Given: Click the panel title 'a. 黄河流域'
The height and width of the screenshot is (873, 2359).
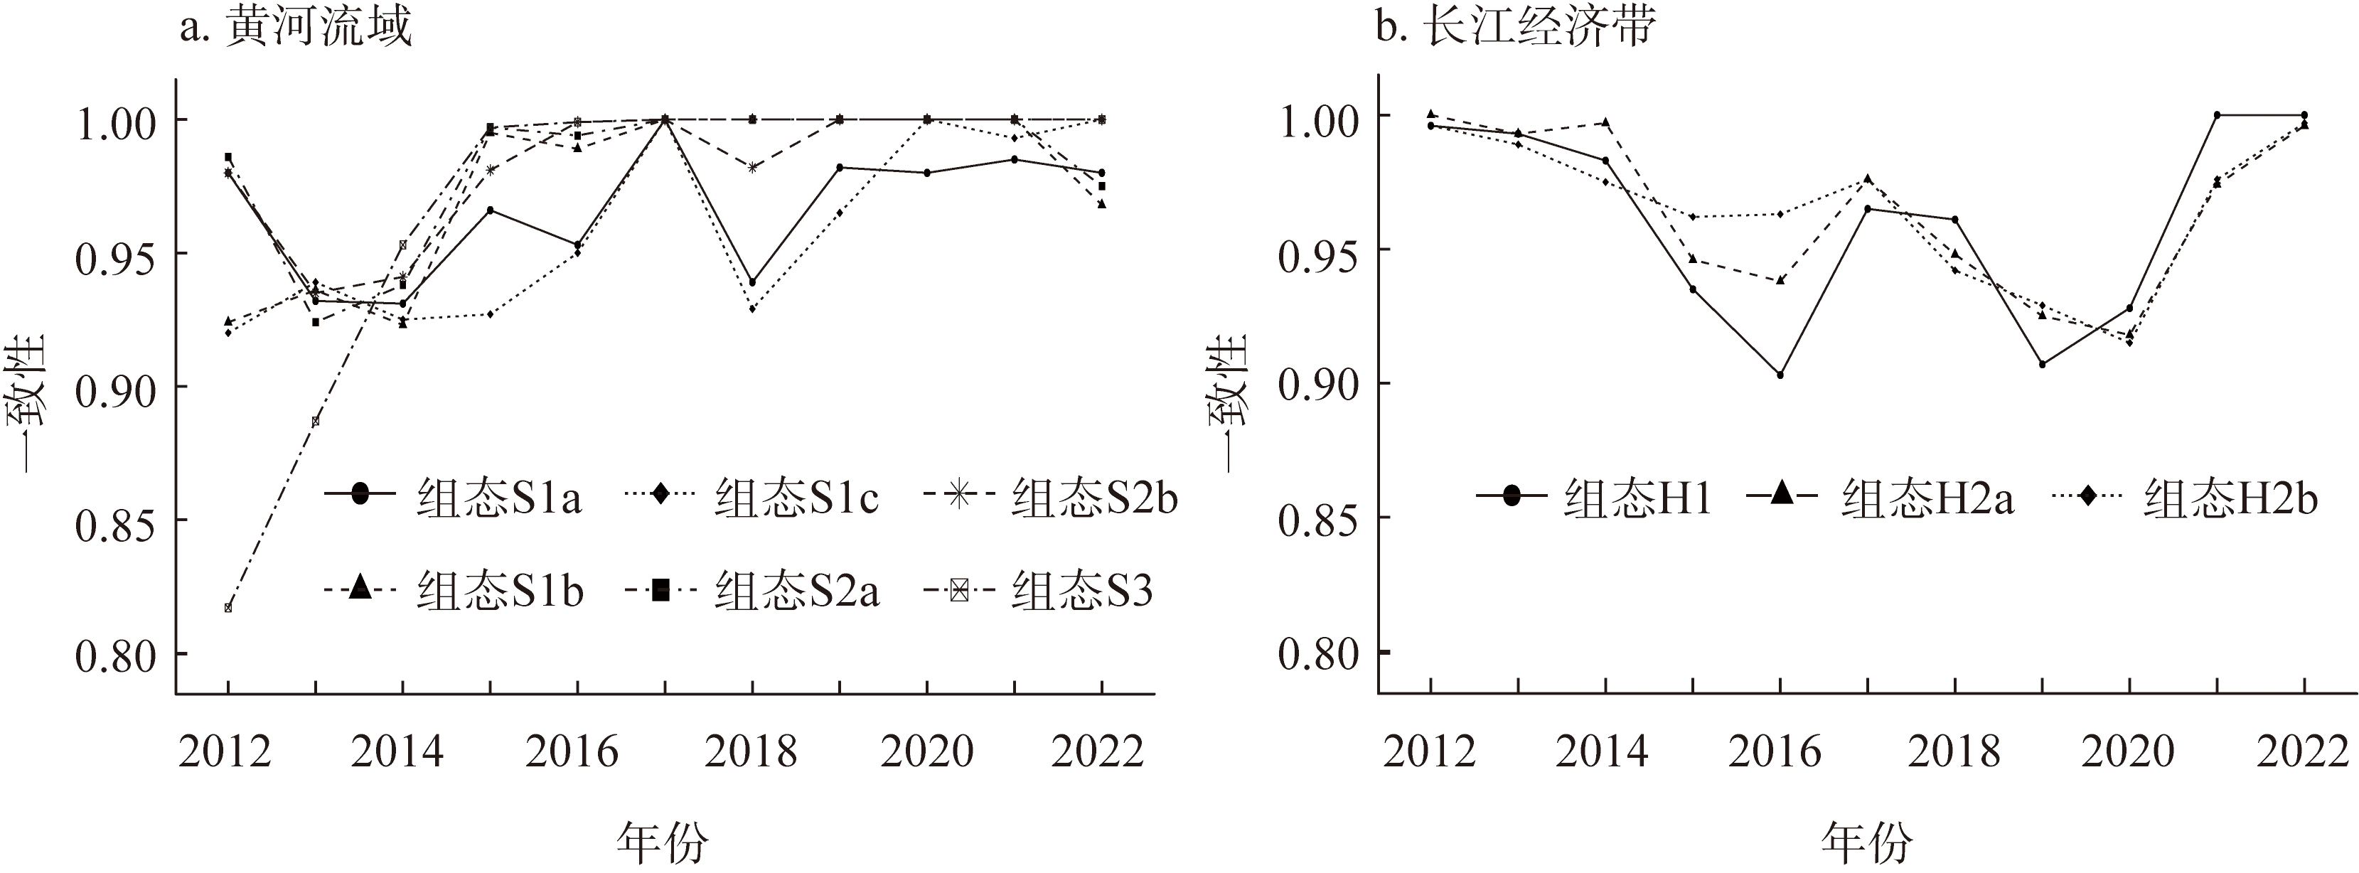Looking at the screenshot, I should [x=295, y=28].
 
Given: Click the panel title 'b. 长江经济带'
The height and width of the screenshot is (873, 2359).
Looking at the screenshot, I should [x=1516, y=28].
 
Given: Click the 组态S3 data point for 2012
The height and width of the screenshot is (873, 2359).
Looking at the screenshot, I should [x=228, y=607].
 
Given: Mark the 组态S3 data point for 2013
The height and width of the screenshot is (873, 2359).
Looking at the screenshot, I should [x=315, y=422].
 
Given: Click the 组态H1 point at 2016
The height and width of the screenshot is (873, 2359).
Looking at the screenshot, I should [x=1780, y=375].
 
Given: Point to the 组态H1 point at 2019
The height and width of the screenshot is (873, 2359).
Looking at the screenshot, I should [x=2042, y=364].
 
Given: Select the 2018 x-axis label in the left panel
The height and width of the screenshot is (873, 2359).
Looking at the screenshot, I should [x=751, y=751].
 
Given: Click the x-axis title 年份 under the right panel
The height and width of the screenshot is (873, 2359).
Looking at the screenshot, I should [x=1866, y=841].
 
